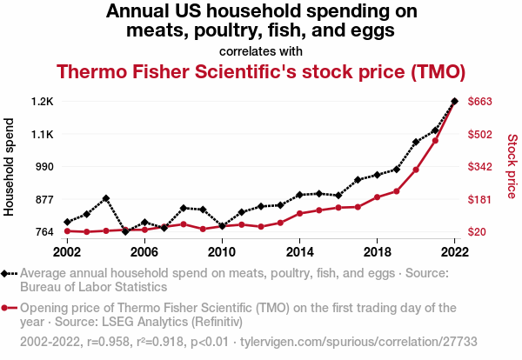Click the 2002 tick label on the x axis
tap(67, 251)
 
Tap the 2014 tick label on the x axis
tap(299, 251)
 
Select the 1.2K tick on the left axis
tap(41, 102)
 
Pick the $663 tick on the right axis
tap(481, 102)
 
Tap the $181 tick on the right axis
tap(481, 199)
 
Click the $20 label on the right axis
tap(478, 231)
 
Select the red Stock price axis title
tap(512, 165)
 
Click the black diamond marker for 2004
tap(106, 198)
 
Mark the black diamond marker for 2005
tap(125, 231)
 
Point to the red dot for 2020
tap(416, 170)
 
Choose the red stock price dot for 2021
tap(435, 140)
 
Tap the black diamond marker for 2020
tap(416, 142)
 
